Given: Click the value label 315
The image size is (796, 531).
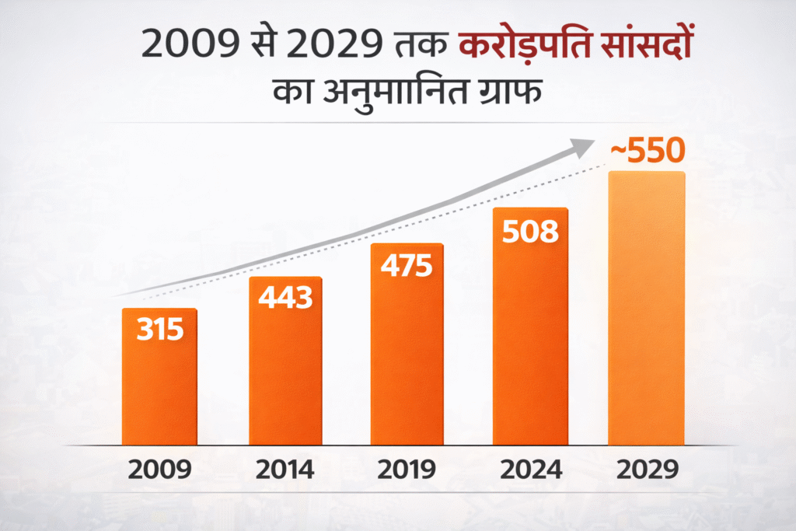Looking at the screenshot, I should point(160,330).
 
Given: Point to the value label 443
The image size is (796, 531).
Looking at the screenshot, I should point(285,297).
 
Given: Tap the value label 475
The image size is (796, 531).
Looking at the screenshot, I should point(407,265).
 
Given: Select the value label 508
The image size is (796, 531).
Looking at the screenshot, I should point(531,232).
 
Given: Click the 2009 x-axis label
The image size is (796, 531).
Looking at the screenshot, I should point(160,470).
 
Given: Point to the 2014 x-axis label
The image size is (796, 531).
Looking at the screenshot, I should point(285,470).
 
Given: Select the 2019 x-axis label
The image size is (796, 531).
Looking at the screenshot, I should point(407,470).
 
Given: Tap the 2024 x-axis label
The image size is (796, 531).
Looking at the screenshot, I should point(531,470).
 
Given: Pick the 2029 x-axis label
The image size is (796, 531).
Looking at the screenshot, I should point(648,470).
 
